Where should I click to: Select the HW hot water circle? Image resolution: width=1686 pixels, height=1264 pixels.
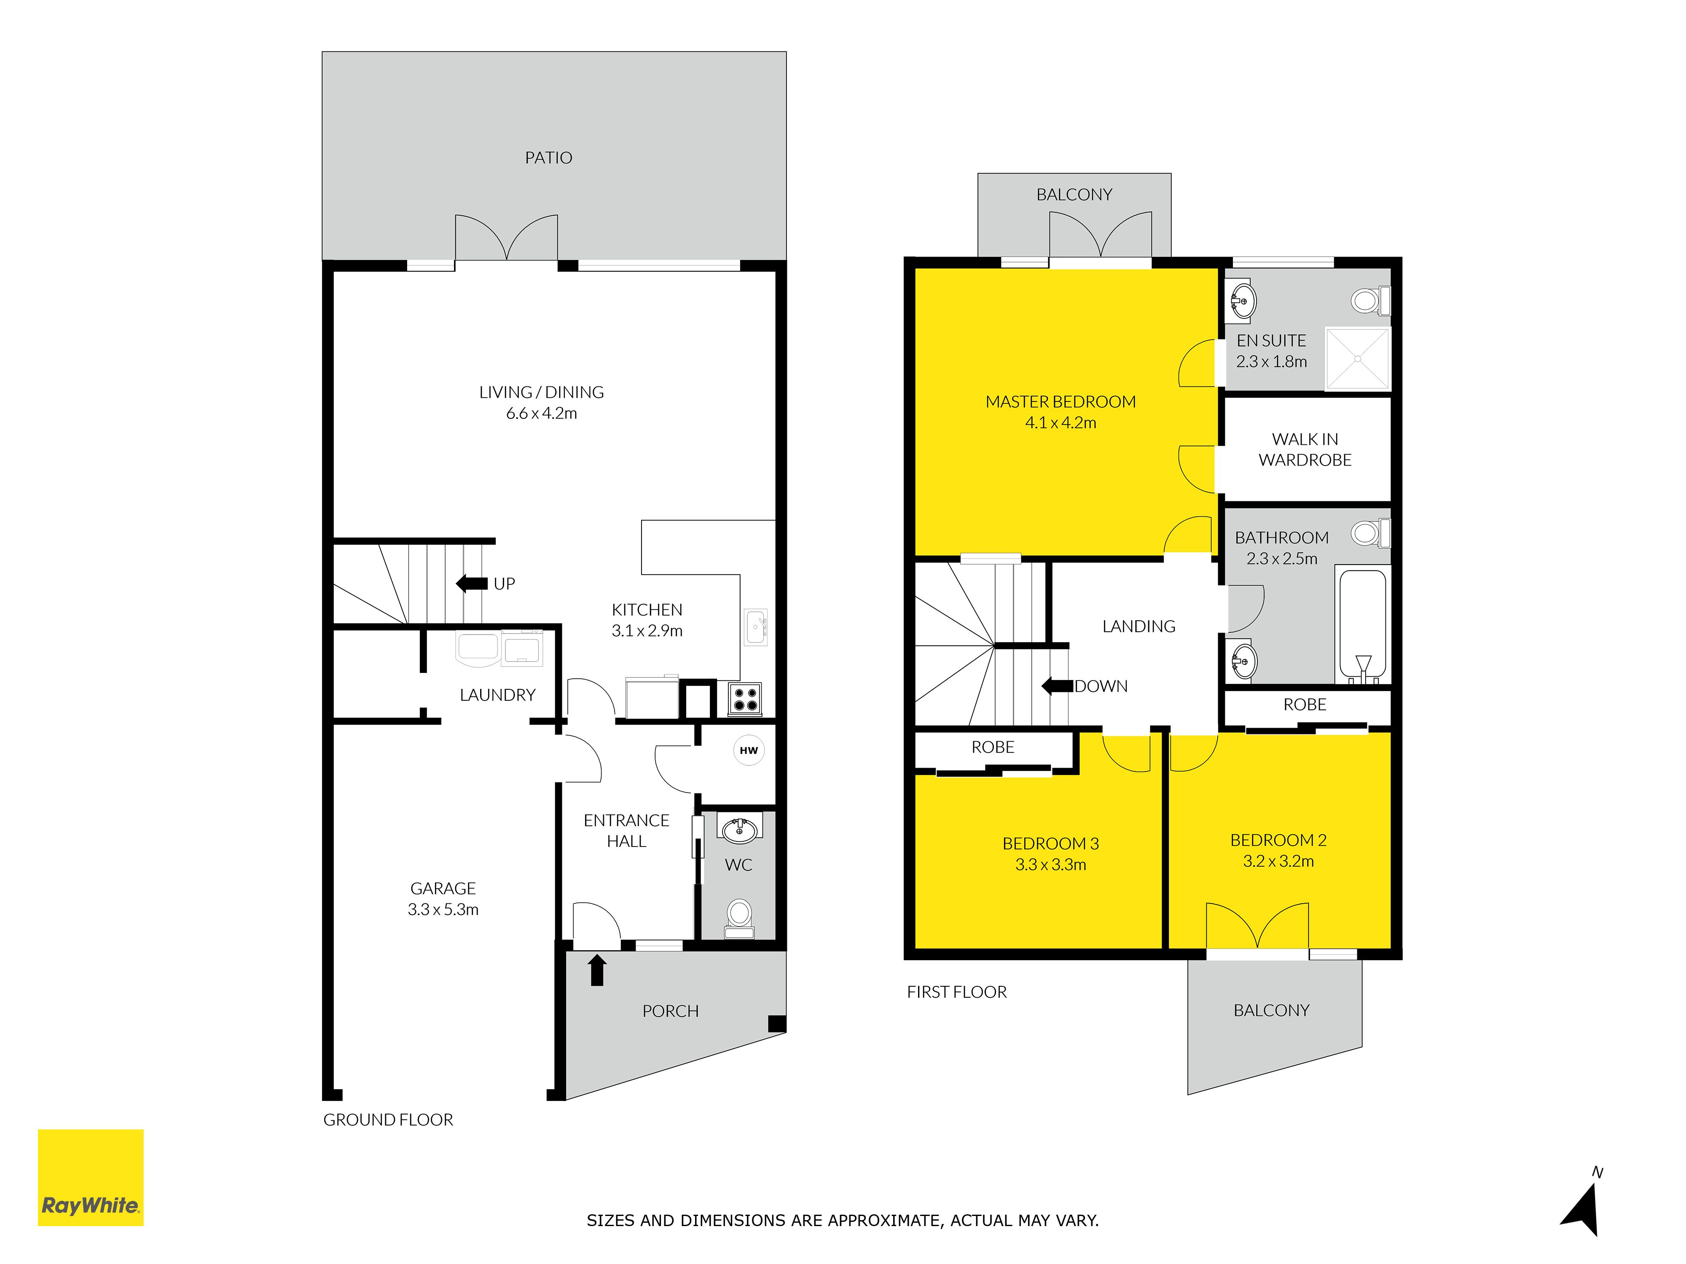[749, 750]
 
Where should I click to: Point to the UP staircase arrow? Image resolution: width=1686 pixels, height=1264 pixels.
[472, 584]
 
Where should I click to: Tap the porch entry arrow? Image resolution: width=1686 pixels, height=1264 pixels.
[597, 970]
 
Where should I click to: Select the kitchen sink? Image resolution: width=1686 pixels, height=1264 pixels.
[756, 627]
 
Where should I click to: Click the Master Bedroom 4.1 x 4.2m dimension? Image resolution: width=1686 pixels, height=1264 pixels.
[1060, 423]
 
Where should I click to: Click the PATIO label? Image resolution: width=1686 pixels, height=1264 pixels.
[549, 158]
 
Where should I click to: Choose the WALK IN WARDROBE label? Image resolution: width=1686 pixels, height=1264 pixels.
[1305, 450]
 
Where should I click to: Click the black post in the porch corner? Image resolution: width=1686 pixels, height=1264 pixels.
[777, 1023]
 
